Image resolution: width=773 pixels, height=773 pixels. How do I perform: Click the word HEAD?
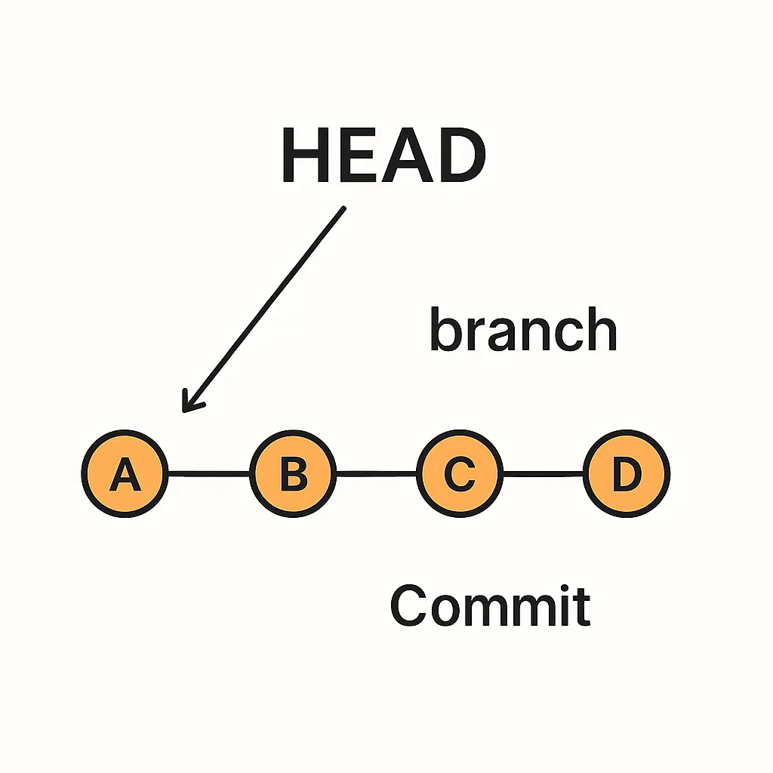pos(383,157)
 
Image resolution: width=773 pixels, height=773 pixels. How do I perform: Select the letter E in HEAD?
pos(354,157)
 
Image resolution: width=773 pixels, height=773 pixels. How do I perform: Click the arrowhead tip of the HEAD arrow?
pos(184,411)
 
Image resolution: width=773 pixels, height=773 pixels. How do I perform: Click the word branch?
pos(523,330)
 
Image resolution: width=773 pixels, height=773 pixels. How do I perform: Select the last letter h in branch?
pos(603,330)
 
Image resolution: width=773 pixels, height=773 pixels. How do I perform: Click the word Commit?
pos(489,605)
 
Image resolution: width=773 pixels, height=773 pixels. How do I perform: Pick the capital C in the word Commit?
pos(408,605)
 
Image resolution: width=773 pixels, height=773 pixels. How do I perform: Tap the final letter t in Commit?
pos(581,606)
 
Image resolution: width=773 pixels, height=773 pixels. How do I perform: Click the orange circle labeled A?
pos(125,474)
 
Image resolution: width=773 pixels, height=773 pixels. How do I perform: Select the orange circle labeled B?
pos(293,474)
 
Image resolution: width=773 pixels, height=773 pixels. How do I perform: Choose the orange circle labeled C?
pos(459,474)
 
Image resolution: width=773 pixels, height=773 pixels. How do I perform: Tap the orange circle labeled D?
pos(626,474)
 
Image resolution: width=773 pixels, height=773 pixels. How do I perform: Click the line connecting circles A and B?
pos(209,474)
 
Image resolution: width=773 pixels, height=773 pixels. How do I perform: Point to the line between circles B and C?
pos(376,474)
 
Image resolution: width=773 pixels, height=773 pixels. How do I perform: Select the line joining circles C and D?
pos(543,474)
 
